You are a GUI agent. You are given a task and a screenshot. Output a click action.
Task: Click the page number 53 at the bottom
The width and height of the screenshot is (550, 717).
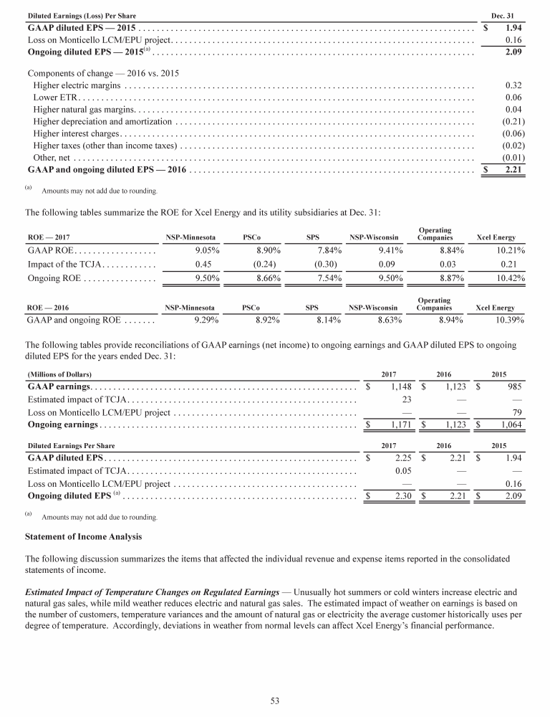tap(275, 701)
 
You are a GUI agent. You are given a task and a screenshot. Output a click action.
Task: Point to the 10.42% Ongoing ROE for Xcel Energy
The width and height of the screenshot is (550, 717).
tap(511, 277)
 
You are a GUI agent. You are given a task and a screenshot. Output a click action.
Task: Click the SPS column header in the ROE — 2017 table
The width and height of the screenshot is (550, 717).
tap(312, 237)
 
